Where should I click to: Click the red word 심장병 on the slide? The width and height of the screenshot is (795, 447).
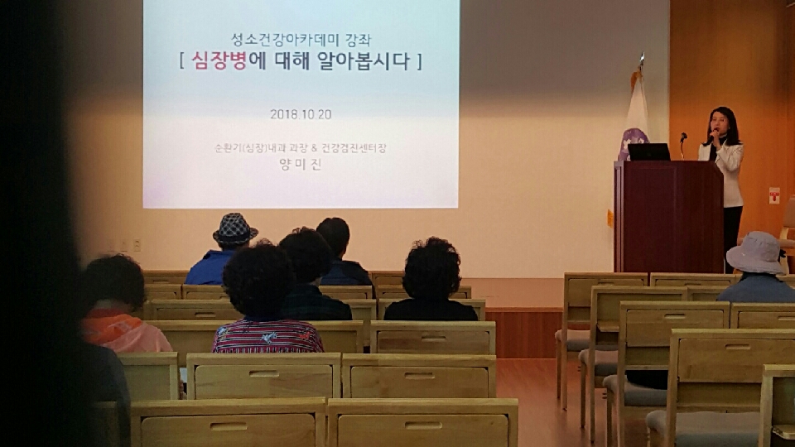click(219, 60)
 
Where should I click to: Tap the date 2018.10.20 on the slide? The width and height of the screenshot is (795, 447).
click(301, 114)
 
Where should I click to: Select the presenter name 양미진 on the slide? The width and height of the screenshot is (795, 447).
click(301, 164)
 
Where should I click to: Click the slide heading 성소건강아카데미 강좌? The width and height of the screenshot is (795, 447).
click(301, 39)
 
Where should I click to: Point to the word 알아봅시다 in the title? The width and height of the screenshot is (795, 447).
click(363, 60)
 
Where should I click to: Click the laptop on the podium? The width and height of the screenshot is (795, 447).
click(648, 152)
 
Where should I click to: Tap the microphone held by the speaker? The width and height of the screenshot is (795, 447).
click(713, 134)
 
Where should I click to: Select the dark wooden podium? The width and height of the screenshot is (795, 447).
click(669, 216)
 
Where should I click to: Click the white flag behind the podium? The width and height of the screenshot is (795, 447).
click(635, 118)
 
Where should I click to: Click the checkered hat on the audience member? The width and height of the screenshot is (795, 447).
click(234, 230)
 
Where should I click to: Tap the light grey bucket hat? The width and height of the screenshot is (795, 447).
click(756, 252)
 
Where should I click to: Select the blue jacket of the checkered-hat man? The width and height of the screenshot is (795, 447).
click(209, 267)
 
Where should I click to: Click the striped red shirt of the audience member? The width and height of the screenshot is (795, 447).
click(267, 335)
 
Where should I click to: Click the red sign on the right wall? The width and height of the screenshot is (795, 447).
click(773, 195)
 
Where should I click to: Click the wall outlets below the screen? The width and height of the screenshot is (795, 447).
click(123, 246)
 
